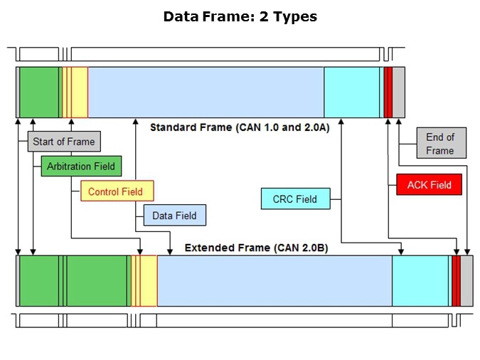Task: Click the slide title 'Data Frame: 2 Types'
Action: [x=240, y=16]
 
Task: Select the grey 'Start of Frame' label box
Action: [x=63, y=142]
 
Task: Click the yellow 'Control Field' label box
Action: [x=116, y=191]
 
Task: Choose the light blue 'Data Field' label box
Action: [x=175, y=215]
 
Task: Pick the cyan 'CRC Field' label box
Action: [x=294, y=198]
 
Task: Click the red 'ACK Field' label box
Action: [x=429, y=185]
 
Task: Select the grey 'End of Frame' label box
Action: [x=439, y=144]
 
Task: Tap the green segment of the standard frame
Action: [x=39, y=92]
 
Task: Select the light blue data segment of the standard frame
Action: [x=206, y=92]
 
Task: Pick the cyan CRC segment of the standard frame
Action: [x=351, y=92]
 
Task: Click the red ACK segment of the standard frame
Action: [x=388, y=92]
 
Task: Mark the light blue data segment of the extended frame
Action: [x=274, y=281]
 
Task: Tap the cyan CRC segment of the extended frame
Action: [x=420, y=281]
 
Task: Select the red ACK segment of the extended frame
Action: [x=456, y=281]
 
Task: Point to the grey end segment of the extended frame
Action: [x=466, y=281]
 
